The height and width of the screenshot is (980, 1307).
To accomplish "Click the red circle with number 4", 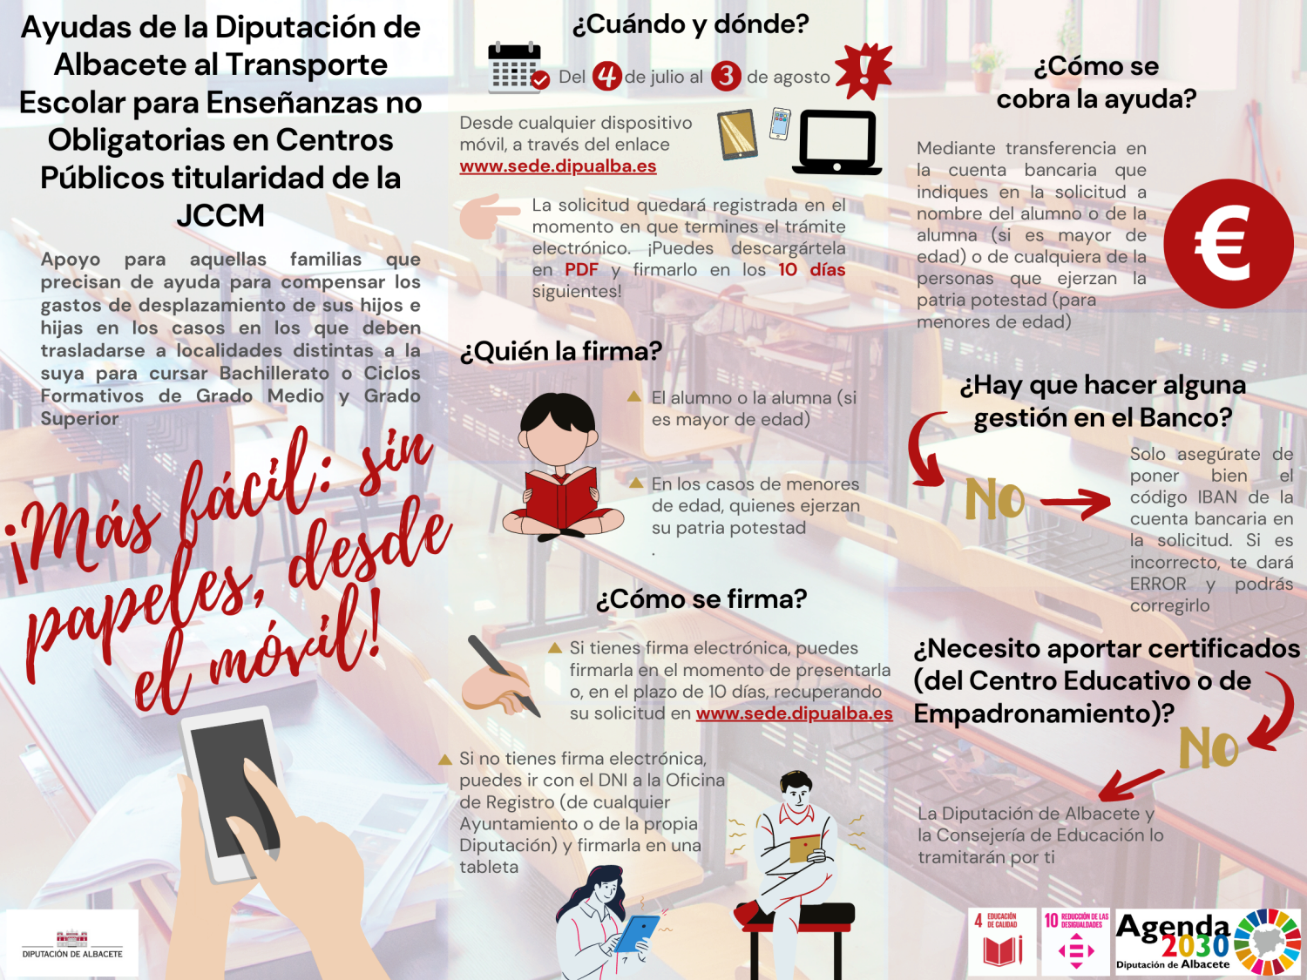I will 606,77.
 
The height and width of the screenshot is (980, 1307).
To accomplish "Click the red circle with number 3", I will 725,77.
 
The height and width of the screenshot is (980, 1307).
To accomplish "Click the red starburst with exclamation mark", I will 863,71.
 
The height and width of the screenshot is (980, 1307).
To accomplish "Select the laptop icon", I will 836,142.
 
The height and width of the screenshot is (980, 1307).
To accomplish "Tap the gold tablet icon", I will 738,134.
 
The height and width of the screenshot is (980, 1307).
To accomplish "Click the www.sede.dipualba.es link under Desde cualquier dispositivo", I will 558,166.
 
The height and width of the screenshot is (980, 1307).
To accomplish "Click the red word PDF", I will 581,270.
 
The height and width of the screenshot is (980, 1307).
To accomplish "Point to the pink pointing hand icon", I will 488,215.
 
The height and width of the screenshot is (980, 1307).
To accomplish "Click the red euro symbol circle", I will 1228,244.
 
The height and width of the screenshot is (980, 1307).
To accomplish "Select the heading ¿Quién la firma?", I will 560,351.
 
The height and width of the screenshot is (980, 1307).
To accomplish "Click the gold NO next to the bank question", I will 995,499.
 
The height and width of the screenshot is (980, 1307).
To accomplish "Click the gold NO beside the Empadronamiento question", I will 1209,748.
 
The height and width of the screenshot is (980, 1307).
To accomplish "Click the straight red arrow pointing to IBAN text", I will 1075,502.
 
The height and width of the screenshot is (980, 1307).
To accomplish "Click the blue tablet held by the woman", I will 637,933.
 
